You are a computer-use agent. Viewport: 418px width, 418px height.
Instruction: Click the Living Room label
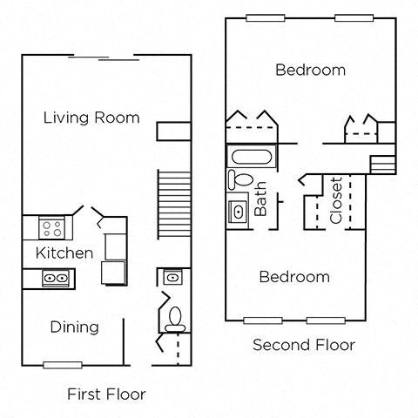click(91, 117)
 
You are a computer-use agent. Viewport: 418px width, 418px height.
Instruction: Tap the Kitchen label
click(64, 253)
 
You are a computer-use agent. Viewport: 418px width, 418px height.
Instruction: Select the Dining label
click(74, 327)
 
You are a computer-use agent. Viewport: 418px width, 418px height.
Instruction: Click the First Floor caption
click(106, 394)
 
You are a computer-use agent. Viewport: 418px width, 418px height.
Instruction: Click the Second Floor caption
click(304, 345)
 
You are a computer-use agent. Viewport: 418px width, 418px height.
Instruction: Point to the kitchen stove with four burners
click(52, 229)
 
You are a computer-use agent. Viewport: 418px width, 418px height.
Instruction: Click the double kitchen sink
click(57, 278)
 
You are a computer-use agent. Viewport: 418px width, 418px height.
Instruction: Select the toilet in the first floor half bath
click(174, 317)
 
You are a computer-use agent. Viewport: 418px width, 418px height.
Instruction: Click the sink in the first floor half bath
click(172, 278)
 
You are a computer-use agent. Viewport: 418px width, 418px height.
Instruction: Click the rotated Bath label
click(260, 199)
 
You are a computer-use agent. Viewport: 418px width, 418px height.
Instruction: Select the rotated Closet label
click(336, 201)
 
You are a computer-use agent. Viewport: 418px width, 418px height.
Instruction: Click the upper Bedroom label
click(310, 70)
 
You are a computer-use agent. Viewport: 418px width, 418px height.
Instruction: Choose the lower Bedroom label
click(295, 277)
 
